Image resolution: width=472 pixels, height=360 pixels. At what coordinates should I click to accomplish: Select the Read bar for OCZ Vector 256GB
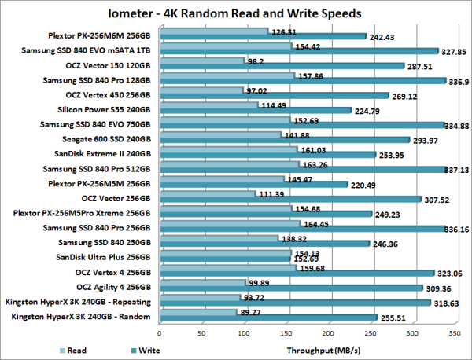point(207,194)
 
